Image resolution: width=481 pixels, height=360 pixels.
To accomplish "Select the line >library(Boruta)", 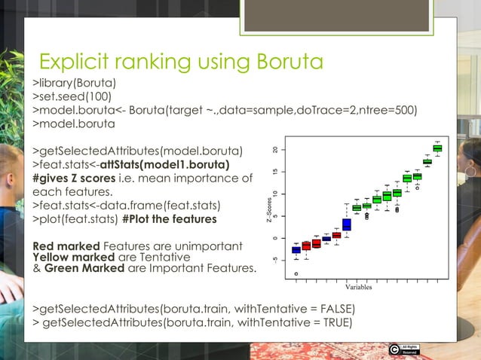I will coord(74,82).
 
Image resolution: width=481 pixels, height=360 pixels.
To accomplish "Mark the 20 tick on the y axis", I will coord(277,149).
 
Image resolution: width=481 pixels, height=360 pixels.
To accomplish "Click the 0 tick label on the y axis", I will coord(277,238).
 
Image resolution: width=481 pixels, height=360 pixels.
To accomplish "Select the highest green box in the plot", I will coord(437,148).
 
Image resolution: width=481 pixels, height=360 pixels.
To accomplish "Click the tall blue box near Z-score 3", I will coord(347,224).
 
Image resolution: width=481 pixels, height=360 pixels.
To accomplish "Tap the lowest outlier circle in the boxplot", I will coord(296,274).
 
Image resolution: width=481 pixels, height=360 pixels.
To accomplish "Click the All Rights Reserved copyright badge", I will coord(403,349).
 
